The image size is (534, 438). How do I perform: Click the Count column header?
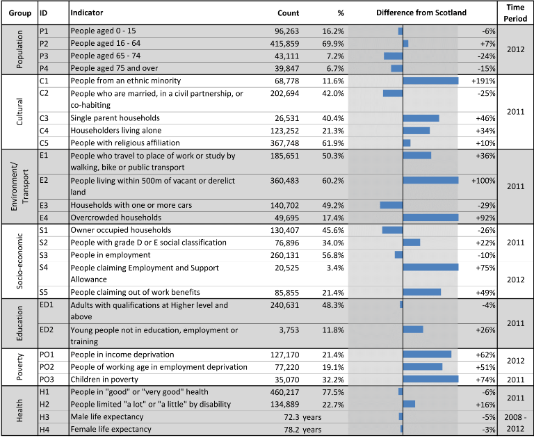pyautogui.click(x=288, y=13)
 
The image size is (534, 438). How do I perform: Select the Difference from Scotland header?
pyautogui.click(x=421, y=13)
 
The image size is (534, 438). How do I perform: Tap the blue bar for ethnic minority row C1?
pyautogui.click(x=431, y=81)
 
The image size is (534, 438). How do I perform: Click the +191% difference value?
pyautogui.click(x=483, y=81)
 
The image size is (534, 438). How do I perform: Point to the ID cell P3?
pyautogui.click(x=44, y=56)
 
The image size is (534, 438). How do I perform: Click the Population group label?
pyautogui.click(x=19, y=49)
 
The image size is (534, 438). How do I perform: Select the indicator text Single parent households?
pyautogui.click(x=115, y=118)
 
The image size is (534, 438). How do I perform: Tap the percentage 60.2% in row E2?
pyautogui.click(x=333, y=181)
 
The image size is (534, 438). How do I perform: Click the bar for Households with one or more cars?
pyautogui.click(x=391, y=205)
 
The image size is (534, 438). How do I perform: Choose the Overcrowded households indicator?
pyautogui.click(x=116, y=218)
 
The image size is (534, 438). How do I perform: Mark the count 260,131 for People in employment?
pyautogui.click(x=284, y=255)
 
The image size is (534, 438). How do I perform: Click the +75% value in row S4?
pyautogui.click(x=485, y=268)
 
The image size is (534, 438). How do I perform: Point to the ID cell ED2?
pyautogui.click(x=47, y=330)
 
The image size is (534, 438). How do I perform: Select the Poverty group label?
pyautogui.click(x=19, y=367)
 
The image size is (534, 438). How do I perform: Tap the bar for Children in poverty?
pyautogui.click(x=431, y=379)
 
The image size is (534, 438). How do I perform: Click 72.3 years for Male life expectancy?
pyautogui.click(x=302, y=417)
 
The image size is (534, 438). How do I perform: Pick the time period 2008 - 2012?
pyautogui.click(x=515, y=423)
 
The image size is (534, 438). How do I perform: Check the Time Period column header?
pyautogui.click(x=515, y=13)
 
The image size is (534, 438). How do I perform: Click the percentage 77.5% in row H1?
pyautogui.click(x=333, y=392)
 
